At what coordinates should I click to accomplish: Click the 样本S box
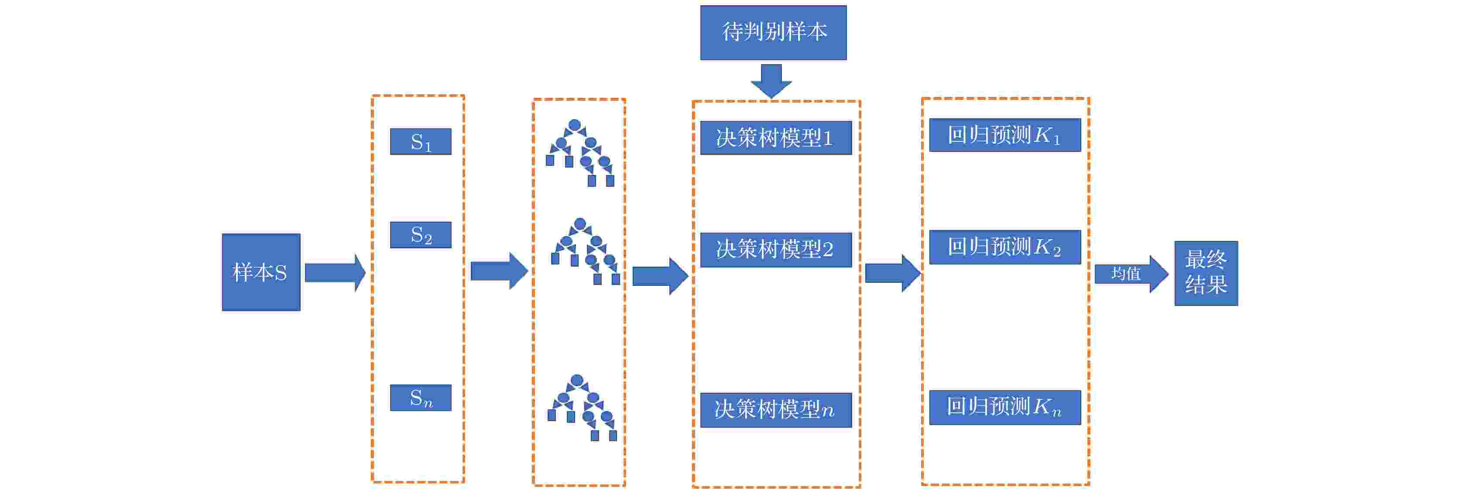coord(261,272)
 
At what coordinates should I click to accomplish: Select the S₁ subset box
coord(421,142)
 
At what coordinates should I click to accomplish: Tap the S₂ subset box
coord(421,235)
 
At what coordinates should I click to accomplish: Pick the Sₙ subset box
coord(421,398)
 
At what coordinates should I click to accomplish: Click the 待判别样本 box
coord(773,32)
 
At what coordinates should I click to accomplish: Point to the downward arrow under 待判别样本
coord(771,81)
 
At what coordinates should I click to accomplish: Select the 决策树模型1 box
coord(775,138)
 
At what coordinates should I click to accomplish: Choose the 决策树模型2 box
coord(775,250)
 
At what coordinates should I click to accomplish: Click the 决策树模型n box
coord(775,409)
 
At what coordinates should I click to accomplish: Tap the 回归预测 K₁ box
coord(1004,135)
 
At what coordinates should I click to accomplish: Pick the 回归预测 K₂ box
coord(1004,247)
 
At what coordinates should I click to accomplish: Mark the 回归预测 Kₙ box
coord(1004,407)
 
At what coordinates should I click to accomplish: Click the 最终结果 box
coord(1206,273)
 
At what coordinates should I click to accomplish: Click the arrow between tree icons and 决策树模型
coord(660,276)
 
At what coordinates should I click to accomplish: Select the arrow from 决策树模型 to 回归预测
coord(892,273)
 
